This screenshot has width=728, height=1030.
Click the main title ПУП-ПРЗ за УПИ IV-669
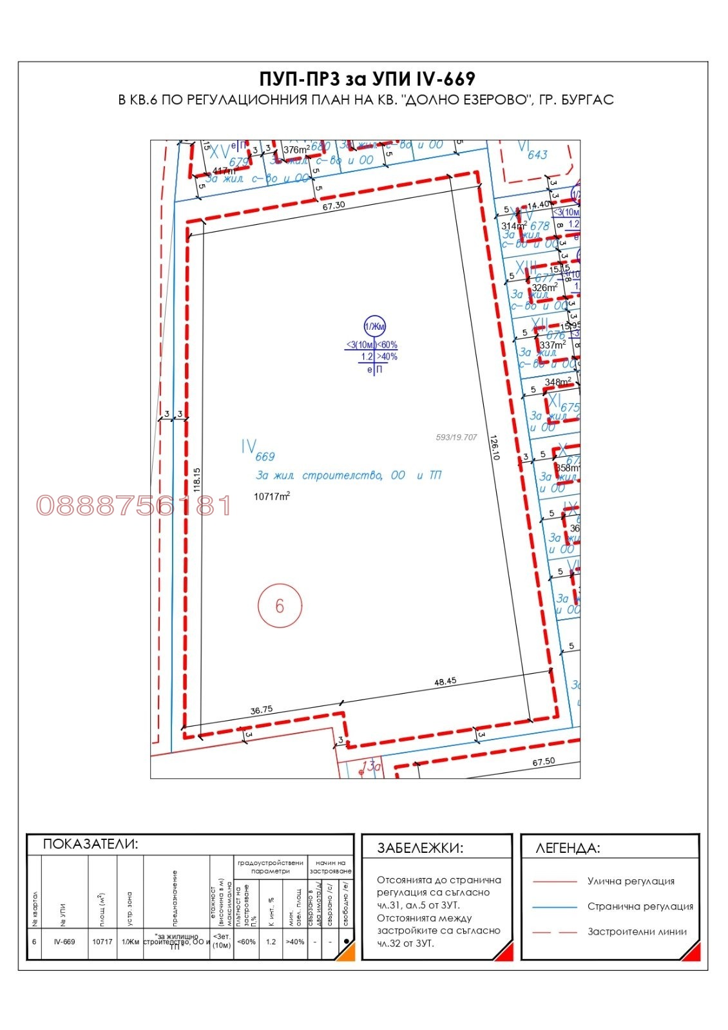coord(367,79)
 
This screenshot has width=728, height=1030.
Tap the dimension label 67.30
coord(334,205)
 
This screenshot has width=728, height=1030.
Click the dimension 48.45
coord(445,681)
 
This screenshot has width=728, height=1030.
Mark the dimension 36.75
coord(261,710)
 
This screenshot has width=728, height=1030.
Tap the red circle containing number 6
coord(280,606)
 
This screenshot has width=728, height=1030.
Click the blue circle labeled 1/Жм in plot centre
coord(374,327)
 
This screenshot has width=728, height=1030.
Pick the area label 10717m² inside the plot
coord(272,496)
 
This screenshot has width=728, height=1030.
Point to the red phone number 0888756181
coord(133,506)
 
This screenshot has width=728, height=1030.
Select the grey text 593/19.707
coord(456,437)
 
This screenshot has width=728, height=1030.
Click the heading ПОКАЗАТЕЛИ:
coord(90,844)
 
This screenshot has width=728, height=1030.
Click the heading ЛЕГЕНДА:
coord(567,848)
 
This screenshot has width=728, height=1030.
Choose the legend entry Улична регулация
coord(630,881)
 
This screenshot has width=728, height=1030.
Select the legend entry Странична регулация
coord(640,906)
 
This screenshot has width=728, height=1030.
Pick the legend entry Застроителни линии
coord(637,931)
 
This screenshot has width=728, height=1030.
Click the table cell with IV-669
coord(64,942)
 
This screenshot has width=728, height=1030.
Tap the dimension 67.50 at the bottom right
coord(543,761)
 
